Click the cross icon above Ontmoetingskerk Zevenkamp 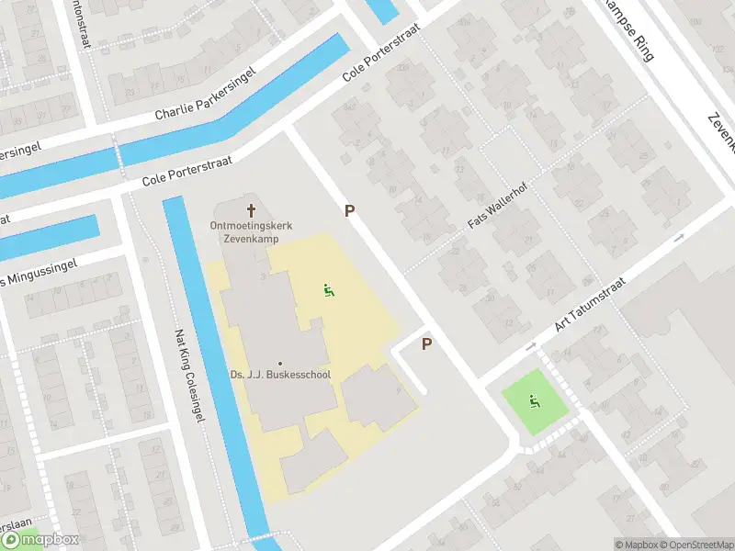tap(252, 208)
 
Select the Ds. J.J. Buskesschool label tap(279, 375)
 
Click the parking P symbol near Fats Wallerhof tap(349, 211)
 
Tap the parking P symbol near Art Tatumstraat tap(426, 344)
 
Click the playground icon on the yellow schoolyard tap(327, 291)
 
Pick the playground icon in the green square tap(533, 400)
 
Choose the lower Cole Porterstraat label tap(187, 172)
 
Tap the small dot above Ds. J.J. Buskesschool tap(279, 363)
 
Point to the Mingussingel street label tap(41, 272)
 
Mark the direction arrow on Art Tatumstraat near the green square tap(532, 346)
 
